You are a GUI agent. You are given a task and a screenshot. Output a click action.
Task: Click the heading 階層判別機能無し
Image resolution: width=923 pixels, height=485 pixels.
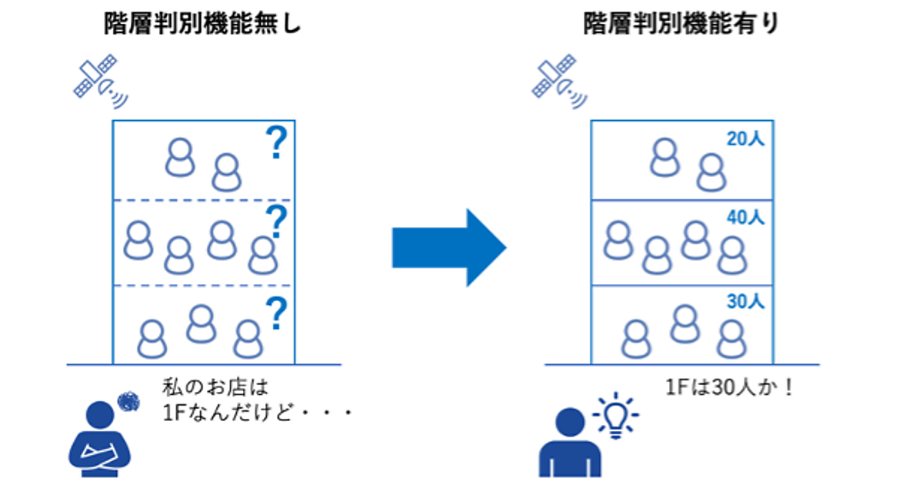pos(204,25)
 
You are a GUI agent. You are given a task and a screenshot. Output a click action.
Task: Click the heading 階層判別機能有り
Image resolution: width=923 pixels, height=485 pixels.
pos(681,25)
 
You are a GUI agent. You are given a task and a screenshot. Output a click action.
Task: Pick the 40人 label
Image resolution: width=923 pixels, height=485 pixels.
pos(745,218)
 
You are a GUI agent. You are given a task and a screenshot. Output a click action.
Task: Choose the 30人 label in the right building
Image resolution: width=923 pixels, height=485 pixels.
pos(745,302)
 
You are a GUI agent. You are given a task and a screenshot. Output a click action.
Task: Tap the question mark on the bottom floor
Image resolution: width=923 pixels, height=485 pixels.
pos(275,314)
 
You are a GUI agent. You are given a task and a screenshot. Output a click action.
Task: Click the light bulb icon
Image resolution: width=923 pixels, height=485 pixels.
pos(615,416)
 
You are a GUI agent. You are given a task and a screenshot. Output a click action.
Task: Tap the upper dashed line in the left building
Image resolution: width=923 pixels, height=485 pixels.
pos(204,200)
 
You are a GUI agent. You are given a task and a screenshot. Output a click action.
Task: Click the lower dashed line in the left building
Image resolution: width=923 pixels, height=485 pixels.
pos(204,285)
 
